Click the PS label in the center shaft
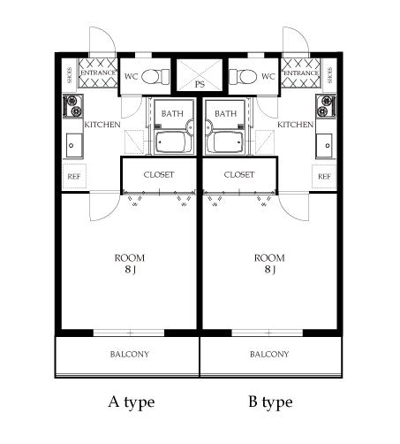(x=200, y=85)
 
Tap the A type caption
(x=131, y=402)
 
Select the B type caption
(x=269, y=402)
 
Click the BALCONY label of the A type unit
(x=129, y=355)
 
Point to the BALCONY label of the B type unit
(x=269, y=355)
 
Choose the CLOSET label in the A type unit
(x=159, y=174)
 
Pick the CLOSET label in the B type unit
(x=239, y=174)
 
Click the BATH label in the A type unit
(x=172, y=113)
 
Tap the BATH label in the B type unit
(x=226, y=113)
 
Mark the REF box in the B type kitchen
(x=324, y=176)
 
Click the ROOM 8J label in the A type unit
(x=129, y=264)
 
